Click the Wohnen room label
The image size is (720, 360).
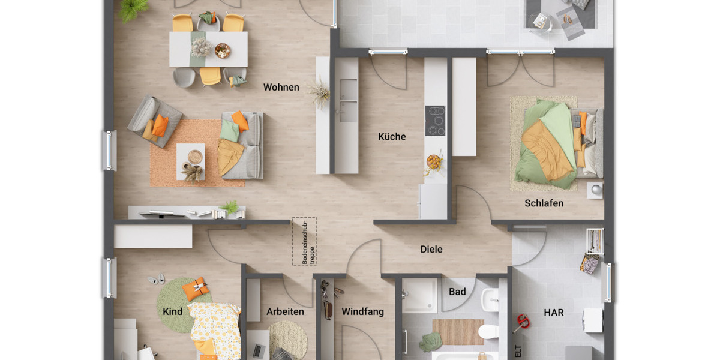[281, 88]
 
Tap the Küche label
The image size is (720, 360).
[392, 137]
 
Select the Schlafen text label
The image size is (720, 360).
[544, 203]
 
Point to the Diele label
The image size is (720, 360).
[431, 249]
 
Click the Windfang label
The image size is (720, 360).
[362, 312]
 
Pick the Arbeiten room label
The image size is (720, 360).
[285, 312]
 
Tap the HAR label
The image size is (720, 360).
[553, 313]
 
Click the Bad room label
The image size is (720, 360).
[457, 292]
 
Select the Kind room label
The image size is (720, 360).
[172, 312]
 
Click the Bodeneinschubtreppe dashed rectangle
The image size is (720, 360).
[304, 241]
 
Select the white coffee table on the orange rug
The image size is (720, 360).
[190, 161]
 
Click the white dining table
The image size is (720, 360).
[208, 49]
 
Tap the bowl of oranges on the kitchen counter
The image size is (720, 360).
[433, 161]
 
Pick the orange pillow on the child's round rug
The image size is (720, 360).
[196, 289]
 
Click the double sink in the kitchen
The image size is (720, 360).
[346, 99]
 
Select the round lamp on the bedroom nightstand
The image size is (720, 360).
[595, 189]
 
